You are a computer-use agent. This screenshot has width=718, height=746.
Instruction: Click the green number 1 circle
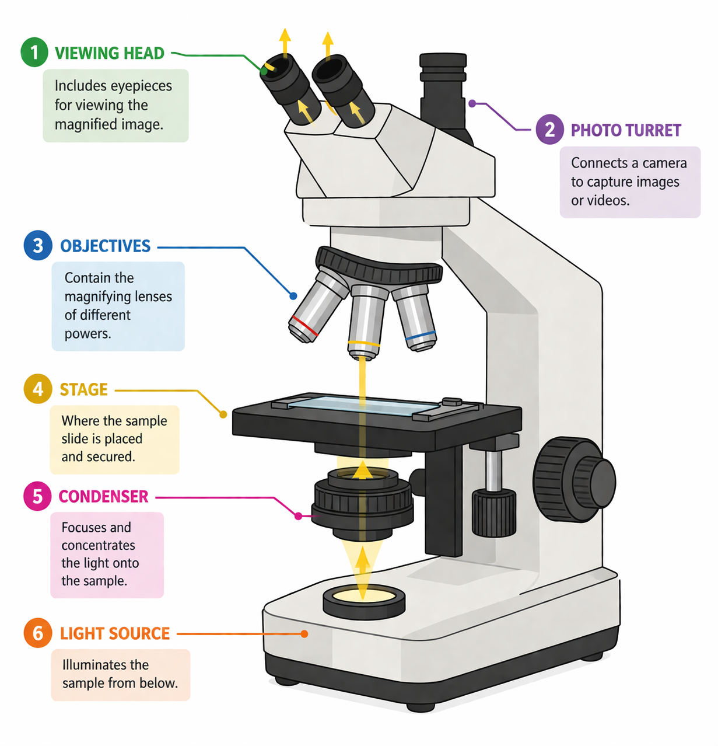tap(34, 53)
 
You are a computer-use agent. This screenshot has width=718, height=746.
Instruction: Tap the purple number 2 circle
tap(549, 130)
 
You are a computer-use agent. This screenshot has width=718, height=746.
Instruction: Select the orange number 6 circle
tap(38, 633)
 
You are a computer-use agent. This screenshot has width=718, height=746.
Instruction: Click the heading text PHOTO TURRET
tap(626, 130)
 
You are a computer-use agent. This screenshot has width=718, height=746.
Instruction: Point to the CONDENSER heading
tap(103, 497)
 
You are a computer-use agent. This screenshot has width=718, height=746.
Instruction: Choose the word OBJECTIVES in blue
tap(105, 246)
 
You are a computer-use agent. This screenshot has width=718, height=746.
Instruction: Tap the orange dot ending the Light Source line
tap(304, 634)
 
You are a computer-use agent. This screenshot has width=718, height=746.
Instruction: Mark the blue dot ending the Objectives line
tap(293, 297)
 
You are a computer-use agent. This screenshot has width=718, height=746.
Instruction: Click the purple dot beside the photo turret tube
tap(472, 103)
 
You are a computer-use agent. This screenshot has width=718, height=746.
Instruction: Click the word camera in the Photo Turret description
tap(664, 163)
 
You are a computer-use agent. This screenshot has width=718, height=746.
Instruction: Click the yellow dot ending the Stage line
tap(223, 414)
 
